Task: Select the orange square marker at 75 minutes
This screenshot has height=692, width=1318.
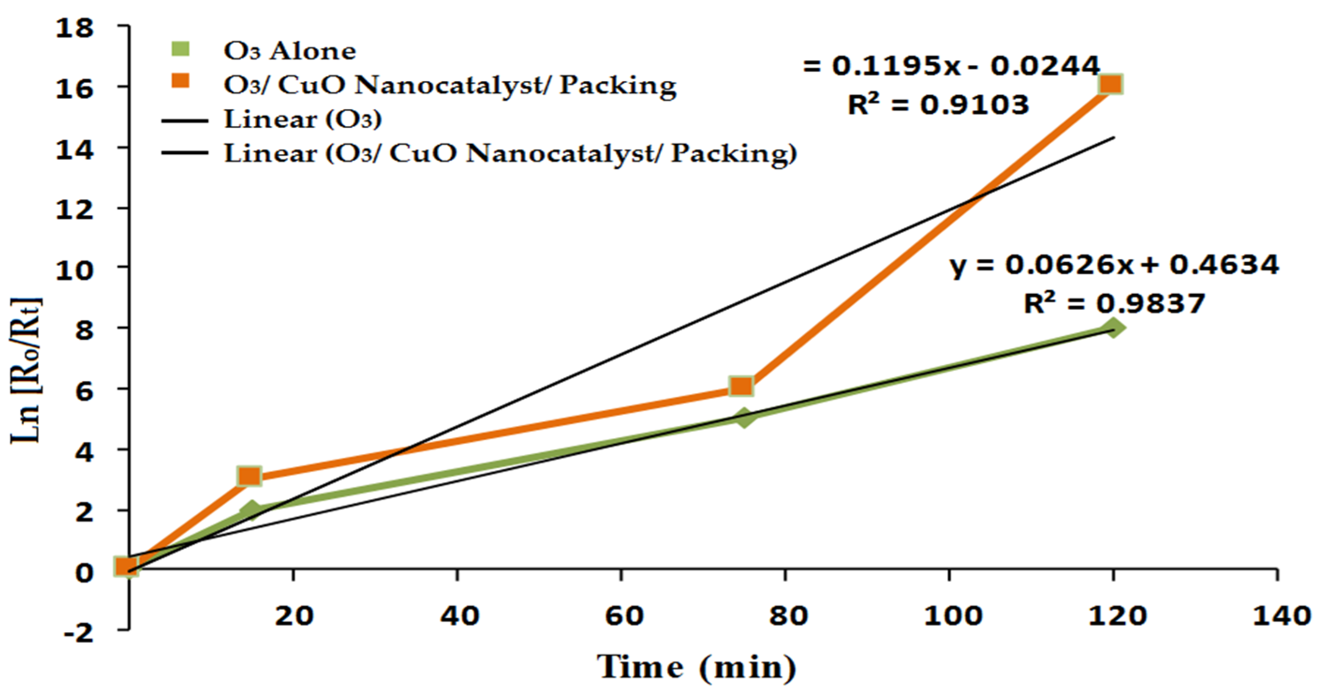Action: [x=741, y=387]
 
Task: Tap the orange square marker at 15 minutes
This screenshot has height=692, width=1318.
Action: [x=250, y=476]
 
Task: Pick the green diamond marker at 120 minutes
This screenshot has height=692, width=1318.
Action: [x=1112, y=327]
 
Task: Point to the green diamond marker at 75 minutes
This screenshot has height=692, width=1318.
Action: [x=744, y=417]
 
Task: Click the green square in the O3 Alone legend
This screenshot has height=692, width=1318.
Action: [x=180, y=49]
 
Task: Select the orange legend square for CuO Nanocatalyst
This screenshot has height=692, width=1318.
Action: [x=180, y=82]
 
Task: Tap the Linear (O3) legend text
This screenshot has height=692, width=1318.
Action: [x=302, y=120]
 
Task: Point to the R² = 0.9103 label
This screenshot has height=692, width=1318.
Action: [x=938, y=105]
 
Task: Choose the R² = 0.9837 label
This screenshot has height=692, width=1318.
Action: [x=1114, y=304]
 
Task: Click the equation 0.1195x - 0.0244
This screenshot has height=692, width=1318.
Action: [x=951, y=66]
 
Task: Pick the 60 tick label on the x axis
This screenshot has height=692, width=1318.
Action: [x=623, y=616]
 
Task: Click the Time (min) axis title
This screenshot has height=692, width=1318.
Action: [x=696, y=667]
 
